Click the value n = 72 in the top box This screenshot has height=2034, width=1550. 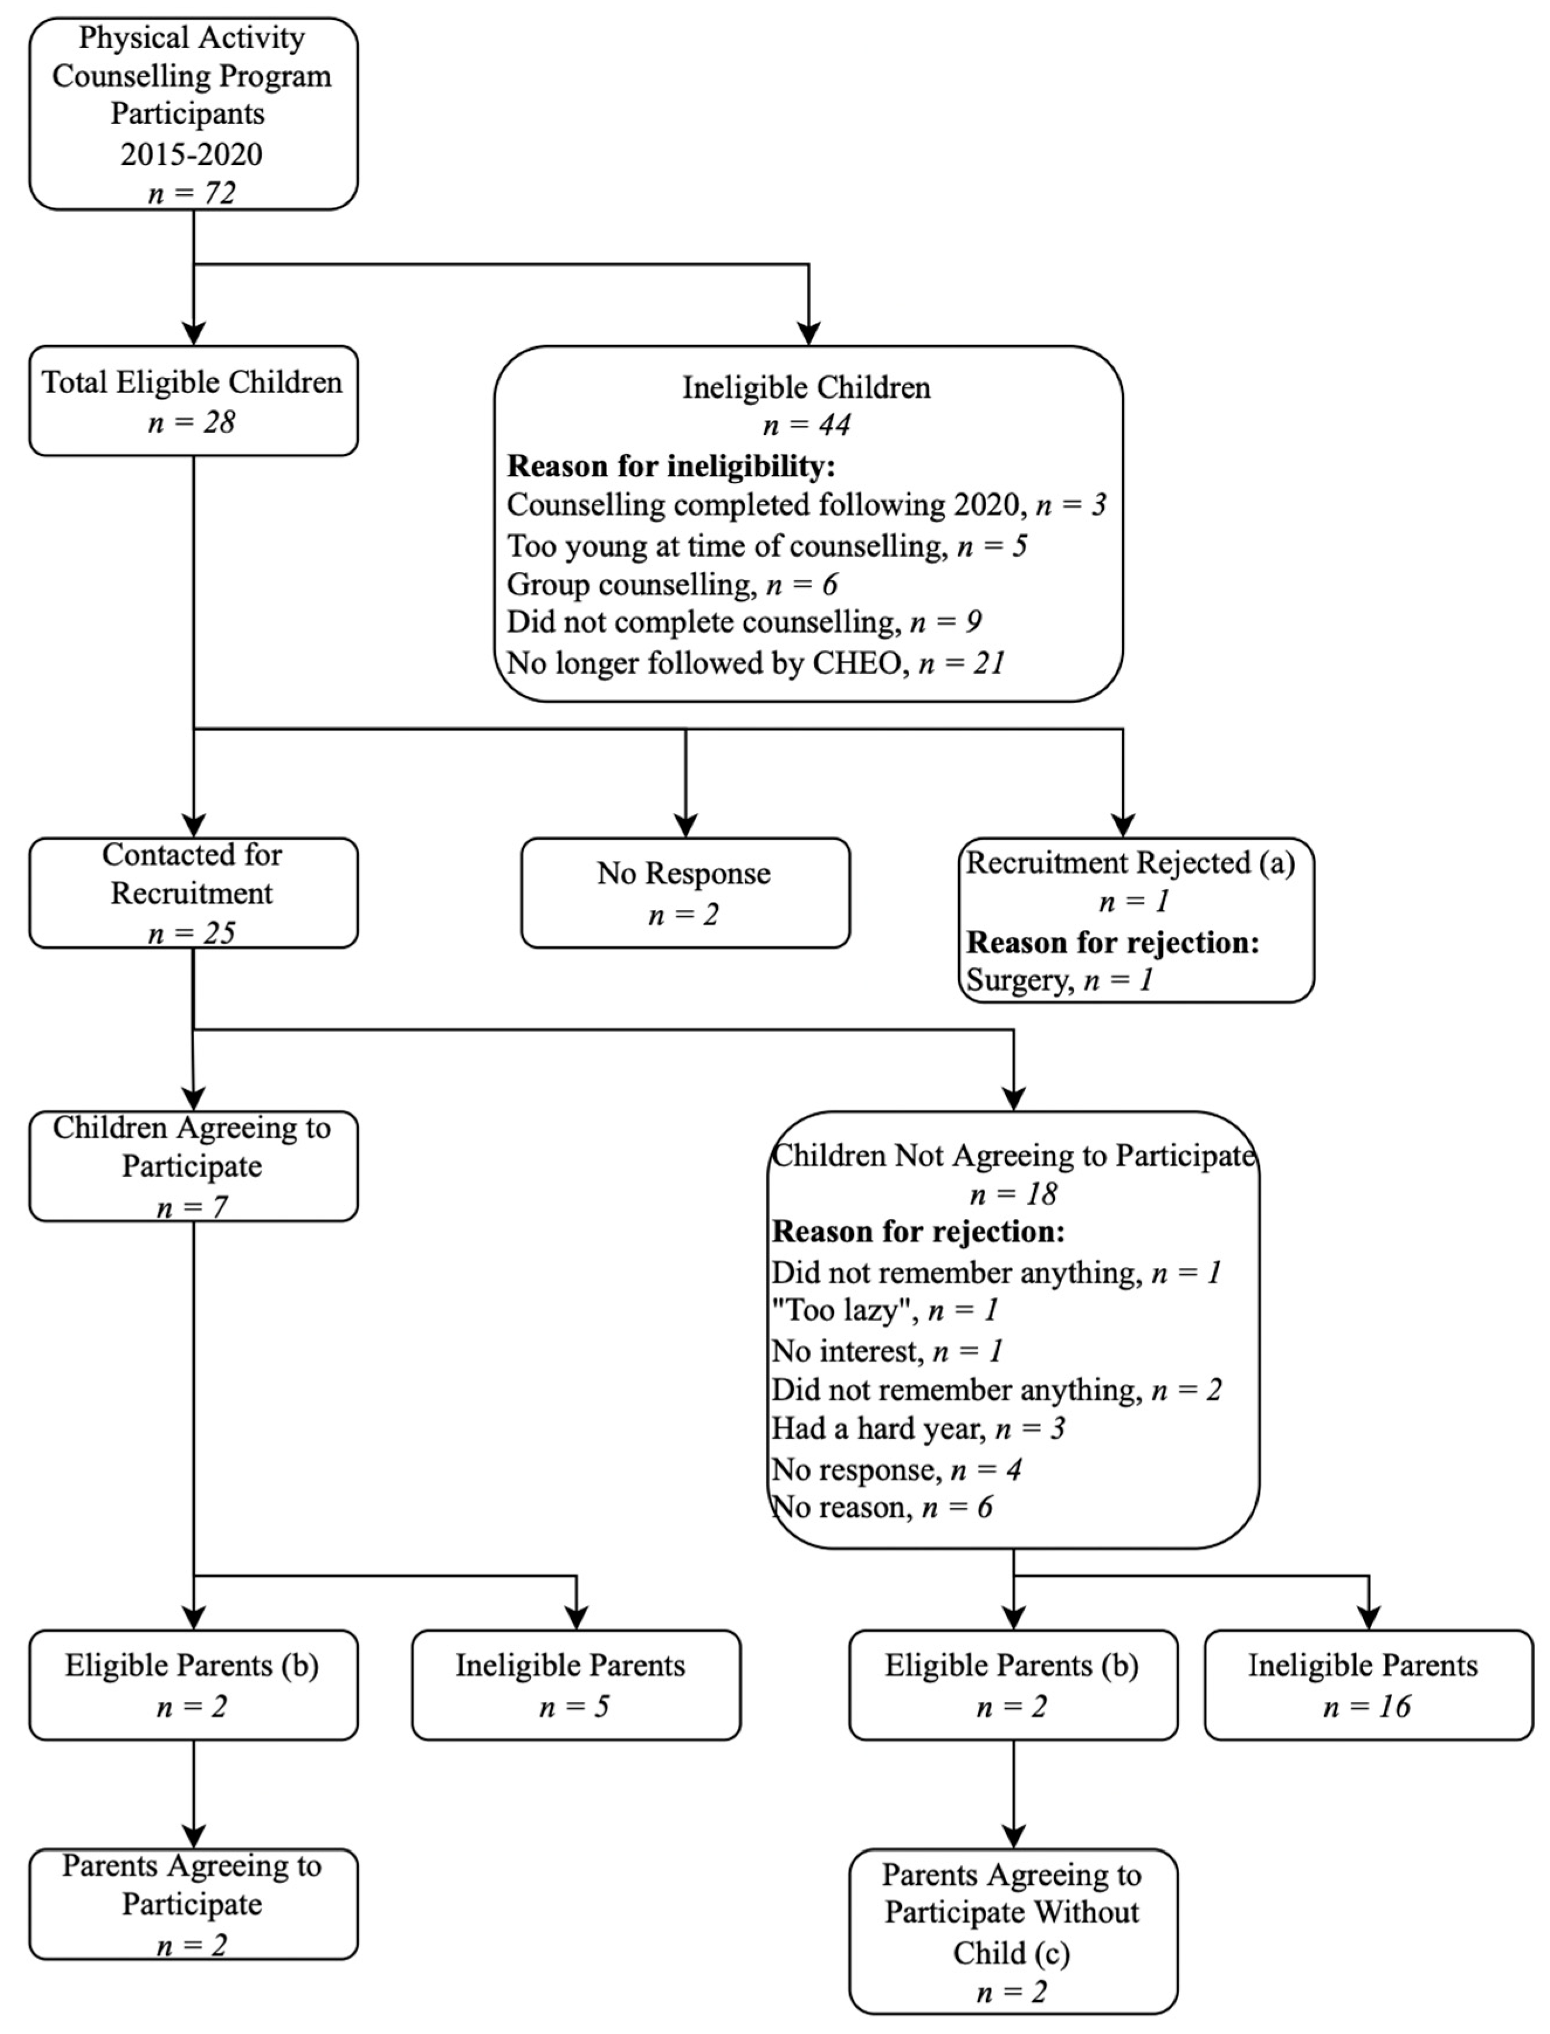pyautogui.click(x=192, y=193)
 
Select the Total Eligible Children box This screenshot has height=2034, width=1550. pyautogui.click(x=193, y=401)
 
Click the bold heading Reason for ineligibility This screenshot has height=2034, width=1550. pyautogui.click(x=671, y=466)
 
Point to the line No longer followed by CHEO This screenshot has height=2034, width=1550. pyautogui.click(x=755, y=663)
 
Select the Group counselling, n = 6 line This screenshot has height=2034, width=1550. pyautogui.click(x=671, y=584)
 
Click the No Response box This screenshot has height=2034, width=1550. pyautogui.click(x=684, y=892)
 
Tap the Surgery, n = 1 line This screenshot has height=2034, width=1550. pyautogui.click(x=1059, y=979)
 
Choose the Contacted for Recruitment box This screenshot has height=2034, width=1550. pyautogui.click(x=193, y=892)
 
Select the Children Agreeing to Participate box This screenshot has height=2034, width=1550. pyautogui.click(x=193, y=1166)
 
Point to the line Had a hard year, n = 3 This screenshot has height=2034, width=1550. pyautogui.click(x=918, y=1428)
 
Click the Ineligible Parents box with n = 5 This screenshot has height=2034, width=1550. pyautogui.click(x=576, y=1684)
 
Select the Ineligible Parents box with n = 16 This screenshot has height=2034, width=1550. pyautogui.click(x=1368, y=1684)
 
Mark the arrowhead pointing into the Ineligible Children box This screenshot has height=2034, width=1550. pyautogui.click(x=808, y=334)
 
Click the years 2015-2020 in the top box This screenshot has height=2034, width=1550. pyautogui.click(x=192, y=153)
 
